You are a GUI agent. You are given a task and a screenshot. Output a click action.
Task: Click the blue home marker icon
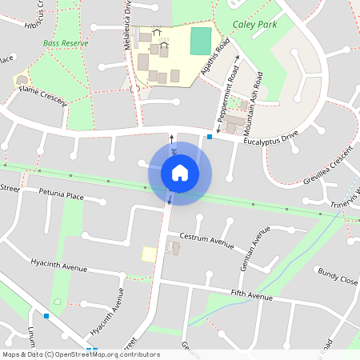(180, 173)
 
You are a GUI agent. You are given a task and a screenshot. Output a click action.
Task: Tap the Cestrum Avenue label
(206, 238)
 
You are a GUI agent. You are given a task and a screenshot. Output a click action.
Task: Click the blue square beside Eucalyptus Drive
(210, 137)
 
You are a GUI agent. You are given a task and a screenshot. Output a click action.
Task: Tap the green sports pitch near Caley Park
(201, 41)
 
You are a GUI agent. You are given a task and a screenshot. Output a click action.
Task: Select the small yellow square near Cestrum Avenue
(149, 254)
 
